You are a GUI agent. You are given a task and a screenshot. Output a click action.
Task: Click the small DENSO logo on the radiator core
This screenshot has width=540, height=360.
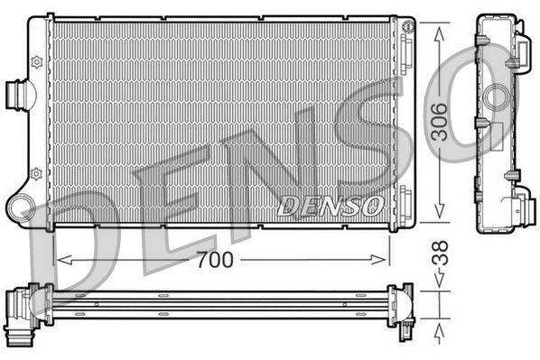click(x=331, y=205)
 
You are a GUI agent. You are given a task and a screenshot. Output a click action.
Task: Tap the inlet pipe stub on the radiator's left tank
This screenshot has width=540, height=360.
click(x=17, y=93)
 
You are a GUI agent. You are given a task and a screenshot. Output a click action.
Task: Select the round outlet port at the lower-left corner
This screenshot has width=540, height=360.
click(x=20, y=208)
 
